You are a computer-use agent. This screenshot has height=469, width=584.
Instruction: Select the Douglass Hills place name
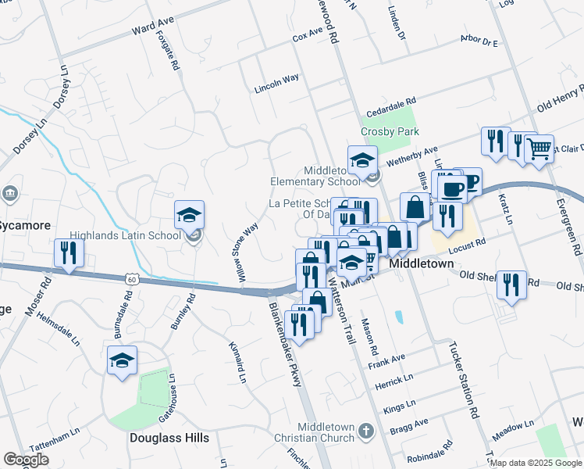tap(169, 438)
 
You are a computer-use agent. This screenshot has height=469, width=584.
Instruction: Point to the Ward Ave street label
tap(152, 30)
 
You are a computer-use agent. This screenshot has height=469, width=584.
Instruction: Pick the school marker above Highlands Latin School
tap(189, 215)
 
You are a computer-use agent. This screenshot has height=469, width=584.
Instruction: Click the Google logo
tap(26, 460)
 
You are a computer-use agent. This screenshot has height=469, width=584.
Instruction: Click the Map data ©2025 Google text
tap(535, 463)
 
